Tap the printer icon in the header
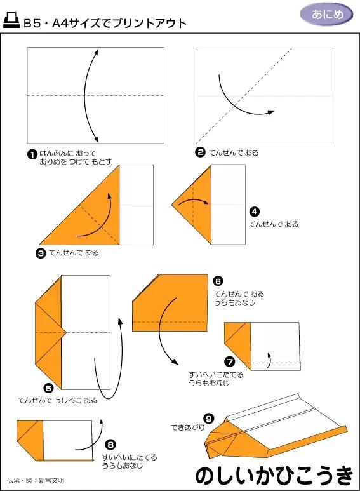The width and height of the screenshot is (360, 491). (11, 22)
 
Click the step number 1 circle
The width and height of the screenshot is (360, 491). (32, 154)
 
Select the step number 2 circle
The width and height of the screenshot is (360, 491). (200, 152)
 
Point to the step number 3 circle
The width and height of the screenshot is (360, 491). (41, 253)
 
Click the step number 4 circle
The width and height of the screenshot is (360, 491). (254, 212)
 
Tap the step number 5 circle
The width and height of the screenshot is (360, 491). (48, 387)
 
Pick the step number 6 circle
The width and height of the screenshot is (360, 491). (218, 281)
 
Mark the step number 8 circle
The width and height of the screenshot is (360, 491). (110, 445)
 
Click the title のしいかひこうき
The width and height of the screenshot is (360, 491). (274, 474)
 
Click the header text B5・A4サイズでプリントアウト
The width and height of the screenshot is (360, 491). (105, 24)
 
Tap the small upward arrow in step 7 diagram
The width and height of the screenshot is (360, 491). (270, 360)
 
